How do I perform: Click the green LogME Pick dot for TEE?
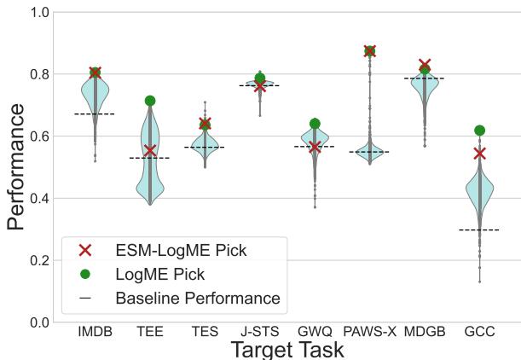(x=150, y=101)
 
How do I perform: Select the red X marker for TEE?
(x=150, y=151)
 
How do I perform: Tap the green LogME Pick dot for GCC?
(x=479, y=131)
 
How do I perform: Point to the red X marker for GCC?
(x=479, y=154)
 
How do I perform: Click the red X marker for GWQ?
(x=315, y=147)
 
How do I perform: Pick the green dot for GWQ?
(x=315, y=124)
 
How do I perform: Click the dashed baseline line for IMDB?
(x=95, y=113)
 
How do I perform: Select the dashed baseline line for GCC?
(x=479, y=229)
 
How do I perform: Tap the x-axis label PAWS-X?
(x=369, y=332)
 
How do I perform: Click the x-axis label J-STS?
(x=259, y=332)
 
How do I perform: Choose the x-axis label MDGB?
(x=425, y=332)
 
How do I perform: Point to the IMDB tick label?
(x=95, y=332)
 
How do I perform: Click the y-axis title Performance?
(x=16, y=168)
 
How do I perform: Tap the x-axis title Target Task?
(x=287, y=349)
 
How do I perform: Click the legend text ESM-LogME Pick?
(x=181, y=250)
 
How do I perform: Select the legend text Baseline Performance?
(x=197, y=299)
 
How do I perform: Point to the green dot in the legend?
(x=84, y=274)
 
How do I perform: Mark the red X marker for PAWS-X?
(x=369, y=51)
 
